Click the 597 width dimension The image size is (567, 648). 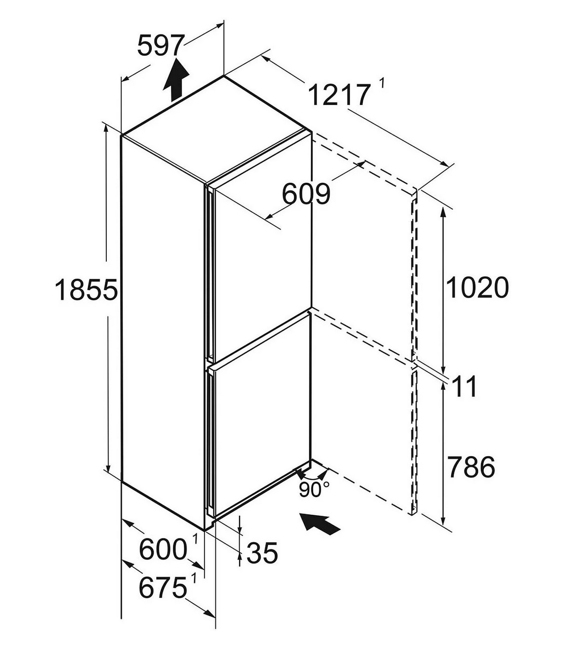161,45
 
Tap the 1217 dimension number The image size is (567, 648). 339,94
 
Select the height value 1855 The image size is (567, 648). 86,290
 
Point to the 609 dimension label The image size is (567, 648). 306,194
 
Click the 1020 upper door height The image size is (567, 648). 477,287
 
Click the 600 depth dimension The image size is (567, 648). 163,549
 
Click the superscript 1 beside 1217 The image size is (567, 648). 382,84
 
